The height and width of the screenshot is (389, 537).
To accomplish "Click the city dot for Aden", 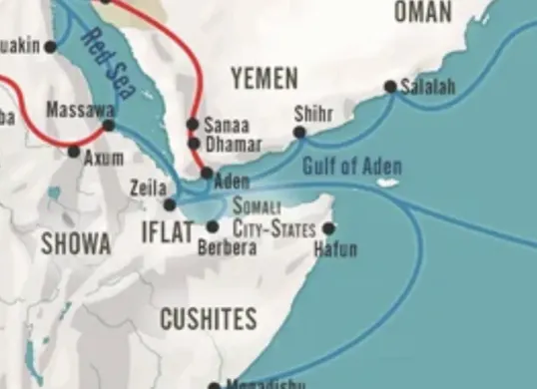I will tap(206, 173).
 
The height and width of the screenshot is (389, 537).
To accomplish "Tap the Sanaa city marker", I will tap(193, 125).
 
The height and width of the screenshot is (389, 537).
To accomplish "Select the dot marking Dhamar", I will tap(194, 144).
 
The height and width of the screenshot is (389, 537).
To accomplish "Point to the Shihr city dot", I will tap(299, 132).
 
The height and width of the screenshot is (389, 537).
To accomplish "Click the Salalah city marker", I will tap(390, 87).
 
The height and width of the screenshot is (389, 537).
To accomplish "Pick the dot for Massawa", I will tap(109, 125).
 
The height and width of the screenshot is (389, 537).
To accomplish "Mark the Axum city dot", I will tap(73, 152).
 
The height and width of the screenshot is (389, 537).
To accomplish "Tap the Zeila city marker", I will tap(170, 204).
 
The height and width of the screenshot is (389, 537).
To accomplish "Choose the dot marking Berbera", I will tap(213, 226).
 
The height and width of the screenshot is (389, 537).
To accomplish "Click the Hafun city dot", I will tap(328, 227).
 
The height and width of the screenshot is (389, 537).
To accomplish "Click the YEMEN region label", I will tap(264, 78).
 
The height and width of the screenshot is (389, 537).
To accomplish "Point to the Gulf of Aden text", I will tap(344, 165).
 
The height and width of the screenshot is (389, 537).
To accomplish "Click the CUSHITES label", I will tap(209, 319).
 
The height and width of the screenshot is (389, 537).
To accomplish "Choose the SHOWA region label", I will tap(75, 242).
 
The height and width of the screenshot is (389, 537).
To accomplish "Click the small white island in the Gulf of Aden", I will tap(387, 183).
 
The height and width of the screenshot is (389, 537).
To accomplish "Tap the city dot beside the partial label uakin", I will tap(51, 47).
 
